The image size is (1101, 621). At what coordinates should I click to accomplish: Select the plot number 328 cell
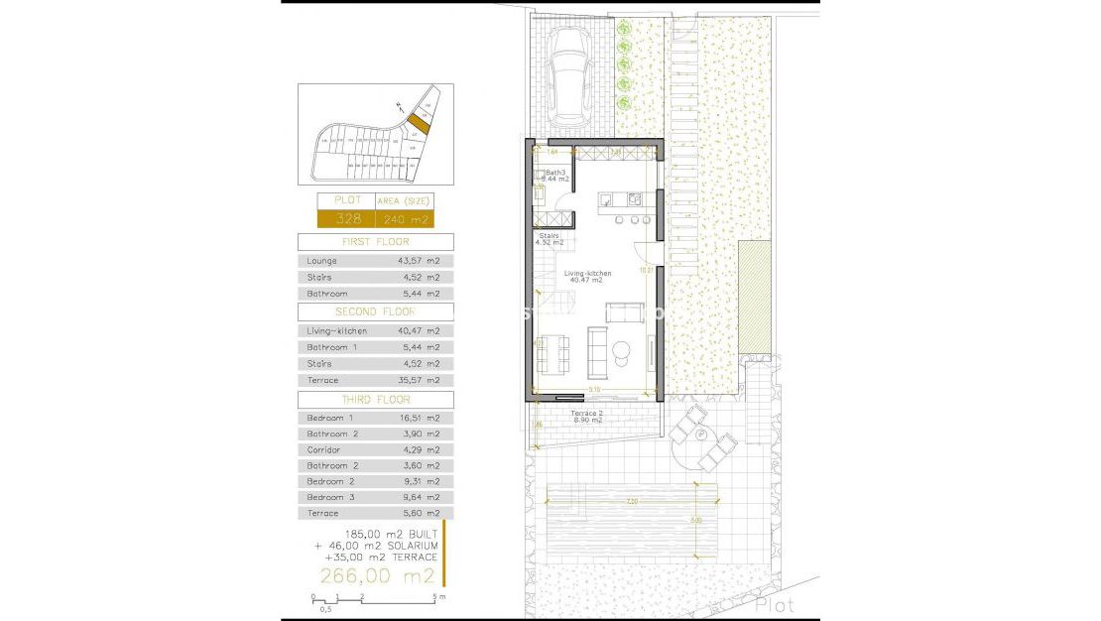coord(340,219)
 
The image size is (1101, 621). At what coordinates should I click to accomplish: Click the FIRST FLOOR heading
coord(375,242)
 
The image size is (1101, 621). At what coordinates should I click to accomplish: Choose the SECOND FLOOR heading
coord(375,311)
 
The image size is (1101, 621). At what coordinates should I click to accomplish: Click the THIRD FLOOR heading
coord(375,399)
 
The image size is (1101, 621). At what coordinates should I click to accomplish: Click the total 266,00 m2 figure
coord(377,575)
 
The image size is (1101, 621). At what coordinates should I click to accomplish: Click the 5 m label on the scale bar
coord(439,597)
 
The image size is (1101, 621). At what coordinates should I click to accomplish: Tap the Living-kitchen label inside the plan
coord(588,274)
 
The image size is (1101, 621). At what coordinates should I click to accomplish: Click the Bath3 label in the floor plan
coord(555,172)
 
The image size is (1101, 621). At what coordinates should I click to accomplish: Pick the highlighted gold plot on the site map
coord(421,124)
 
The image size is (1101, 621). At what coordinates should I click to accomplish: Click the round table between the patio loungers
coord(699,436)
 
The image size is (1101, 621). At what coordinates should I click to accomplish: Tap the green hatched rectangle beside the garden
coord(755,295)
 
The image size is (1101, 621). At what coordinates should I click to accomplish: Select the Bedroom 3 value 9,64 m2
coord(420,497)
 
